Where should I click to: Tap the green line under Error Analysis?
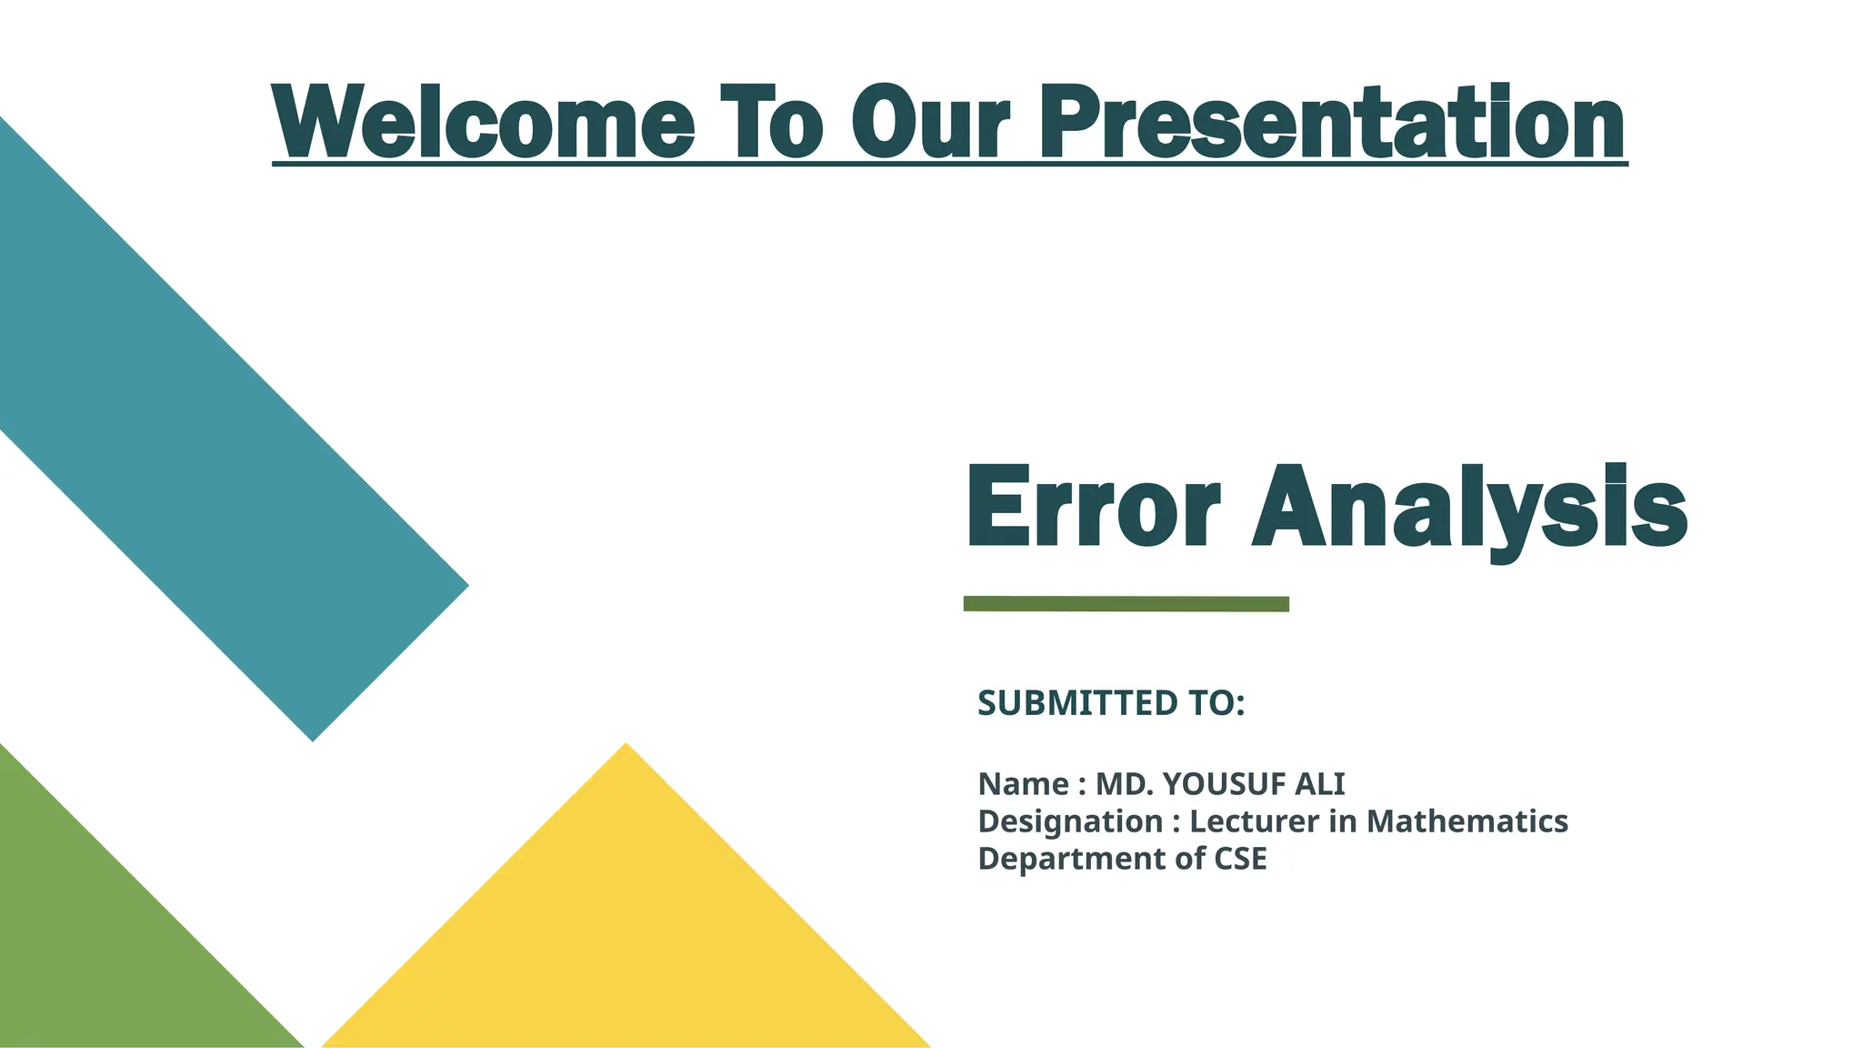click(1126, 604)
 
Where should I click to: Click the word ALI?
click(1319, 784)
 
